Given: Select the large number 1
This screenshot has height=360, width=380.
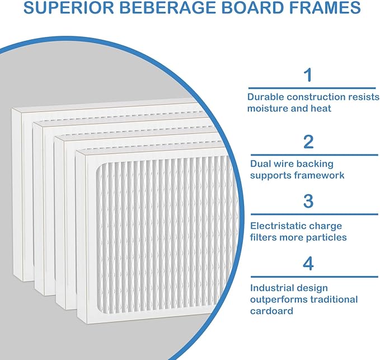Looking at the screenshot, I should tap(308, 74).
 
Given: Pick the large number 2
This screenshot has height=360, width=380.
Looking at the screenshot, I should tap(308, 142).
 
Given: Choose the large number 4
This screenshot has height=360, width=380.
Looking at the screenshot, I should tap(308, 264).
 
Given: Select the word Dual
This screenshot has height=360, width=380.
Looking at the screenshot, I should tap(261, 163).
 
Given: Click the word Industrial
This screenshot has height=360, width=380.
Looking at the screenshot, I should tap(273, 288).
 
